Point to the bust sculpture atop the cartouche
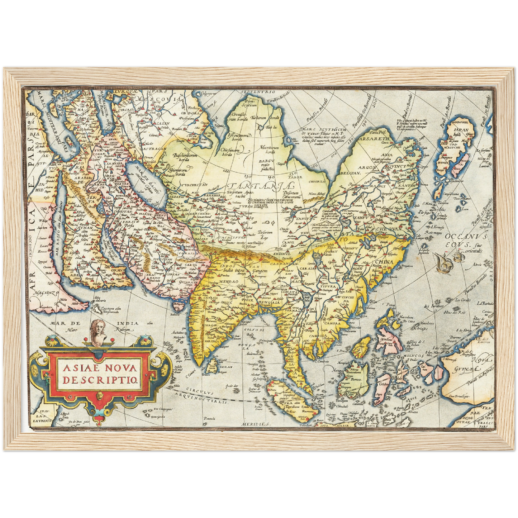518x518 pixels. (97, 333)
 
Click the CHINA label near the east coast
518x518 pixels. (384, 262)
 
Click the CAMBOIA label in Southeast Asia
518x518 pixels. (321, 336)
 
